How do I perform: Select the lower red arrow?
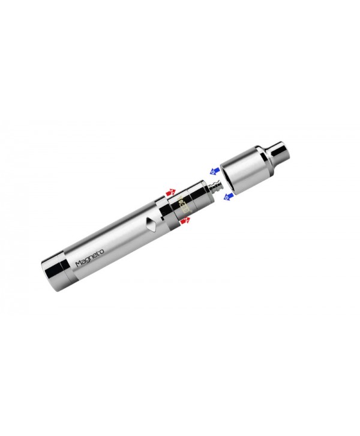pyautogui.click(x=185, y=222)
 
